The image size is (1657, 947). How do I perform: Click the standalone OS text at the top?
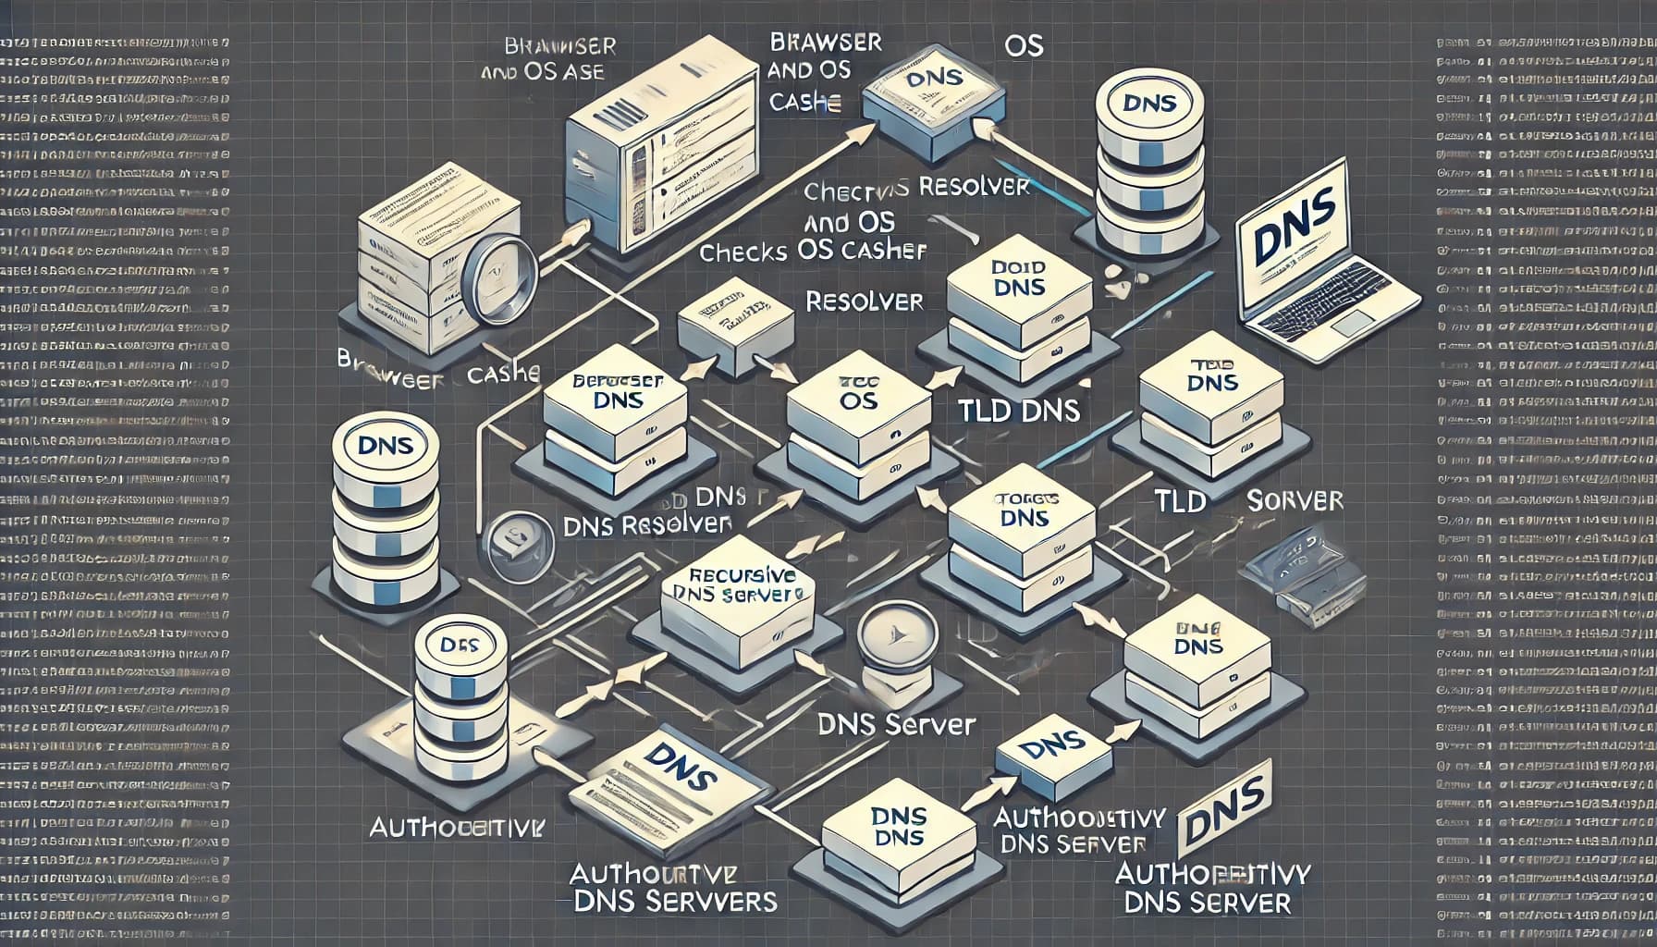coord(1023,46)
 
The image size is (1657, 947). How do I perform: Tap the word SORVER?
coord(1294,500)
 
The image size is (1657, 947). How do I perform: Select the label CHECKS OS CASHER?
coord(813,252)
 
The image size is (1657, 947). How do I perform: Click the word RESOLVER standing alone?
coord(864,301)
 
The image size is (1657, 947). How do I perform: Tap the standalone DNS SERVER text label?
coord(897,724)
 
